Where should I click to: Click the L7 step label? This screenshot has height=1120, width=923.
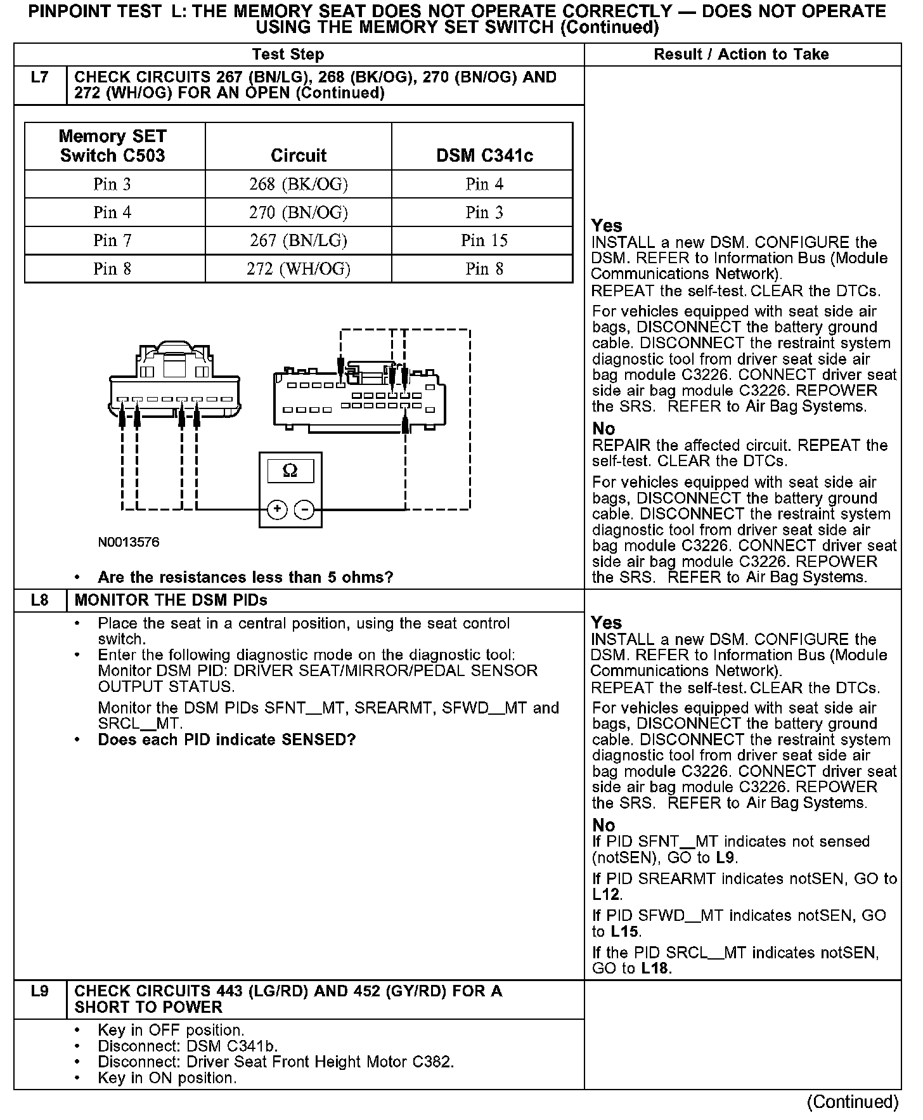(x=39, y=77)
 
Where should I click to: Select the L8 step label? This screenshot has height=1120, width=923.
(x=39, y=600)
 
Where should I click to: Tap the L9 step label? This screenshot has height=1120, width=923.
(x=39, y=991)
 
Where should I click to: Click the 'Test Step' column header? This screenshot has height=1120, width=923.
(x=288, y=55)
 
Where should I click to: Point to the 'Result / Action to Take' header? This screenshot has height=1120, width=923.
(x=741, y=55)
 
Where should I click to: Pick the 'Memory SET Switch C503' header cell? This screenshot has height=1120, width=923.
(x=113, y=146)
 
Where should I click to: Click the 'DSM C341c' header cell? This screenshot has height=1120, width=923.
(x=484, y=155)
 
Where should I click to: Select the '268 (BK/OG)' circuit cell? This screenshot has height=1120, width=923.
(x=299, y=184)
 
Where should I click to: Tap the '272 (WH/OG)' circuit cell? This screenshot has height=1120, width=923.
(x=299, y=269)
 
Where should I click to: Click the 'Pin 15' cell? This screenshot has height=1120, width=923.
(x=484, y=240)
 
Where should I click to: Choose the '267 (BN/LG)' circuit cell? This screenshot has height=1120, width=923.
(x=299, y=240)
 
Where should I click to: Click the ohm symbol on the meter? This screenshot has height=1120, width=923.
(x=290, y=471)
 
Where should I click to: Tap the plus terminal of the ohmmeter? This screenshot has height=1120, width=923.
(x=277, y=509)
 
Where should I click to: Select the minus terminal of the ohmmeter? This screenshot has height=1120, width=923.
(x=304, y=509)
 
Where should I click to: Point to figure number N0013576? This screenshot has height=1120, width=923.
(x=129, y=543)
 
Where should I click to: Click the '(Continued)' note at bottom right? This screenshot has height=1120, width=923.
(x=853, y=1102)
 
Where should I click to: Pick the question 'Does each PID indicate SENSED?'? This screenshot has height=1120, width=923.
(x=226, y=740)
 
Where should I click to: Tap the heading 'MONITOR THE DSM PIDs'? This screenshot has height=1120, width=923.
(x=171, y=600)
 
